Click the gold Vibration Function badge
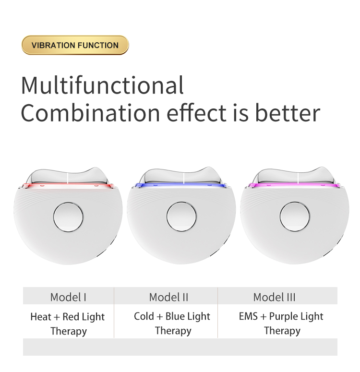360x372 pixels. click(75, 45)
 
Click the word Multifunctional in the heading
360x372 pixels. click(102, 85)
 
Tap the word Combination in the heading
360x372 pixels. click(90, 113)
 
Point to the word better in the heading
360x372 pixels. click(287, 113)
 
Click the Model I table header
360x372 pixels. click(68, 297)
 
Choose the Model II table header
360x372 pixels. click(168, 297)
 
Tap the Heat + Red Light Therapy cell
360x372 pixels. click(68, 324)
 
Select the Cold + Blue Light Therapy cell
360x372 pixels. click(172, 323)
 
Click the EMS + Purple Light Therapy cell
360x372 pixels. click(281, 323)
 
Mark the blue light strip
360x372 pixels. click(181, 185)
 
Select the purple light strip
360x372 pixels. click(295, 185)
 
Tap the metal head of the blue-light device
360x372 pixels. click(181, 176)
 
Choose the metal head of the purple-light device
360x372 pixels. click(295, 176)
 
